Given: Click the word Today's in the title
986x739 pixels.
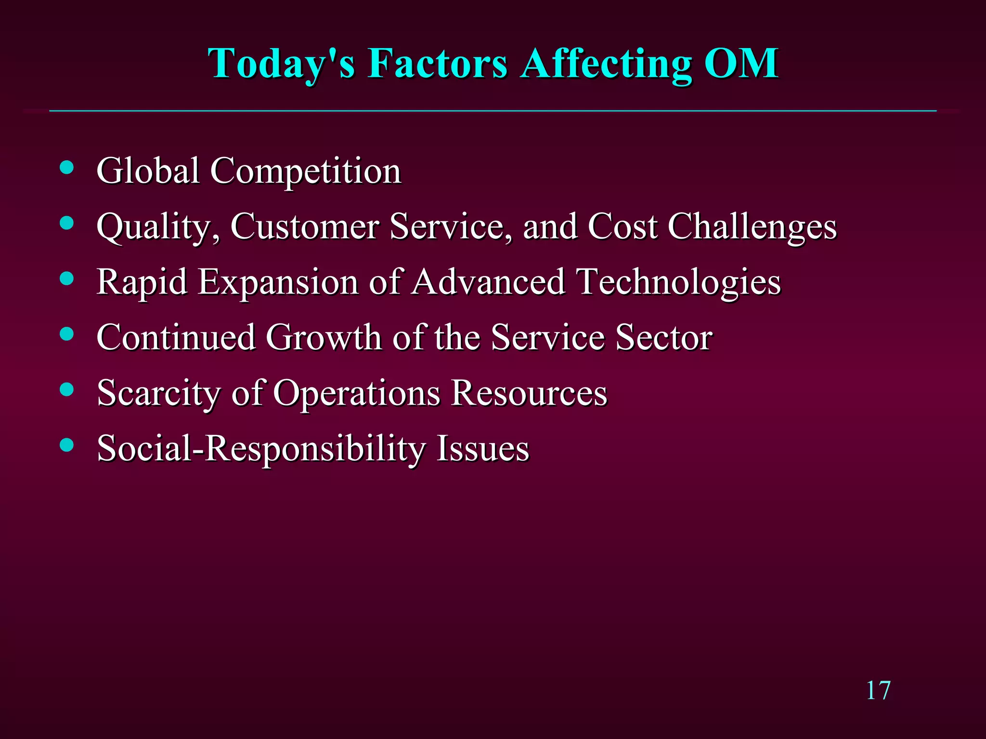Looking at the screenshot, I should coord(282,64).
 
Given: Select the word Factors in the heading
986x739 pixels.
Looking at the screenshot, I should coord(438,64).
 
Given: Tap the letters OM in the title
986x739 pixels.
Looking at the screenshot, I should coord(741,64).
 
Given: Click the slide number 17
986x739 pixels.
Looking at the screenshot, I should coord(878,691).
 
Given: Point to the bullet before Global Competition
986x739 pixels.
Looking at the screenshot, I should coord(67,167).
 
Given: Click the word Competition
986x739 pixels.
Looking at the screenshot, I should coord(306,171).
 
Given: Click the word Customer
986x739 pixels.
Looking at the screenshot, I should coord(304,226).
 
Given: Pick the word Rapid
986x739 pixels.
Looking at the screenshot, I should coord(142,282).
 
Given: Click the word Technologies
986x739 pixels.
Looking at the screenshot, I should coord(679,282).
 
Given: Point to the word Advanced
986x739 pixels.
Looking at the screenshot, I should coord(488,282).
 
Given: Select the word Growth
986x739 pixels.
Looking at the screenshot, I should coord(324,337).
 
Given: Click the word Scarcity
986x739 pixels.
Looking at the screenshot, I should coord(159,393).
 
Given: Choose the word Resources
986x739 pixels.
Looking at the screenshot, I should coord(529,393).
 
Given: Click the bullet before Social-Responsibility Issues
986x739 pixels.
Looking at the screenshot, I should coord(67,445).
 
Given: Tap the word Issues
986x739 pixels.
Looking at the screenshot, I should coord(482,448).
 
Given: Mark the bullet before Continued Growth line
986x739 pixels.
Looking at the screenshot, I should coord(67,334).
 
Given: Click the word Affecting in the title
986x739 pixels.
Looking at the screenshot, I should coord(607,64).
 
